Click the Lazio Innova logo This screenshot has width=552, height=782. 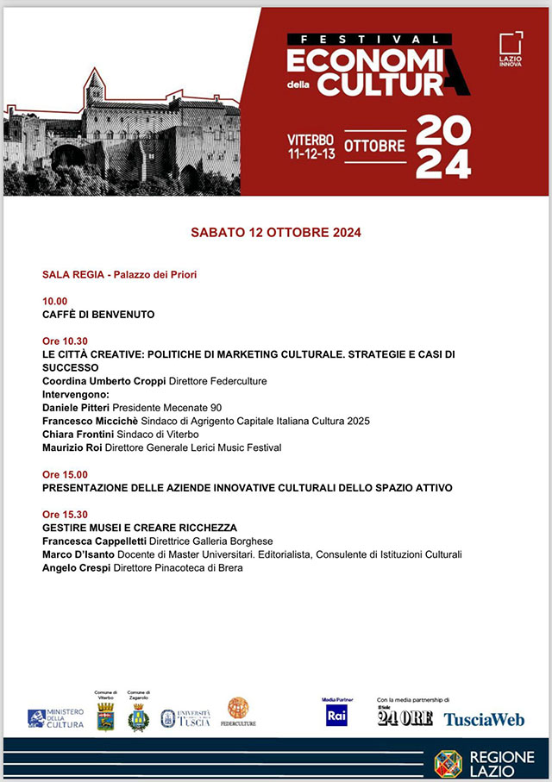pos(511,49)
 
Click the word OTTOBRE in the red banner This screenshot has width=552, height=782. pos(374,146)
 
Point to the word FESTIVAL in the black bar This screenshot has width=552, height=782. pos(369,39)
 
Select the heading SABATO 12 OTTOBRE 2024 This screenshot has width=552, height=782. pos(275,233)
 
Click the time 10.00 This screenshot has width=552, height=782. pos(54,301)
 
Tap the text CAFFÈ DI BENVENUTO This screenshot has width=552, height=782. pos(98,315)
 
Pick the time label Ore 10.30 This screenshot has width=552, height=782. pos(65,341)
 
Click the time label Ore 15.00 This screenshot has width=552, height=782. pos(65,474)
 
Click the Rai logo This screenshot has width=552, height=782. pos(336,715)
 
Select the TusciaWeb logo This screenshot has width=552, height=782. pos(484,719)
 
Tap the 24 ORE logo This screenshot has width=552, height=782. pos(405,716)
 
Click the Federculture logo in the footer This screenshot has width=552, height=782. pos(238,713)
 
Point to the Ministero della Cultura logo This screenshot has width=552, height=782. pos(56,718)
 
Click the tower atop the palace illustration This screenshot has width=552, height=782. pos(95,87)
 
